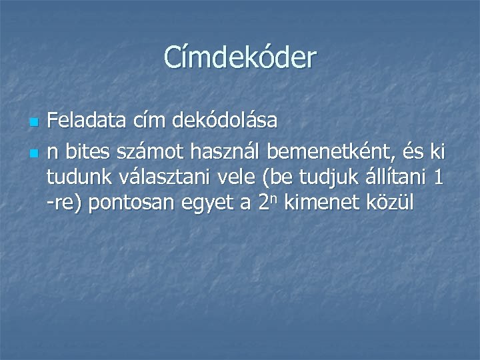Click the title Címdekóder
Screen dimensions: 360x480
240,58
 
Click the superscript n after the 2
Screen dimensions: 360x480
275,199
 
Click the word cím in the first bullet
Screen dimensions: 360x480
152,122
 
